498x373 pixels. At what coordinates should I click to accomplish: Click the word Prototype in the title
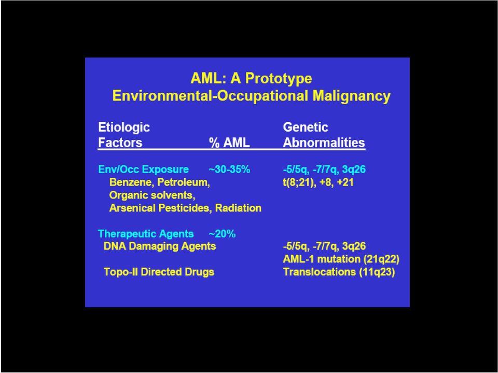pos(279,79)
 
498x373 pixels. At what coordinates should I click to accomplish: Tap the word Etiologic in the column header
pos(124,127)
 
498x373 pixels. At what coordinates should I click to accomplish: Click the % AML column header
pos(229,143)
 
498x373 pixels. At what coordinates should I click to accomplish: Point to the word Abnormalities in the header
pos(324,143)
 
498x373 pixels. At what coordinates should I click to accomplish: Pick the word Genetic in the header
pos(306,127)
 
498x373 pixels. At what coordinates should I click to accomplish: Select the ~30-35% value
pos(229,169)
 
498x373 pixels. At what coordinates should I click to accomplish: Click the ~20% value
pos(222,234)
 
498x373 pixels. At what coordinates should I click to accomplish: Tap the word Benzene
pos(132,182)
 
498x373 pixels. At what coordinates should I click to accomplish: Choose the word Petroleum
pos(184,182)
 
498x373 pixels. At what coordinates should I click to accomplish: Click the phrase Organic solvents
pos(152,195)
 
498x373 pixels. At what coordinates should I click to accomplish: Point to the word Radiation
pos(238,208)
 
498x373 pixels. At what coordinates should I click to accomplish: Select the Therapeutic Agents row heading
pos(146,234)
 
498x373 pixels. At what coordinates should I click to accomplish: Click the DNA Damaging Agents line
pos(160,247)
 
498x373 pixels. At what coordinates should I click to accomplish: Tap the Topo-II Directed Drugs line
pos(159,272)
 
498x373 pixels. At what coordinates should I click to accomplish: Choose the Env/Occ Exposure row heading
pos(143,169)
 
